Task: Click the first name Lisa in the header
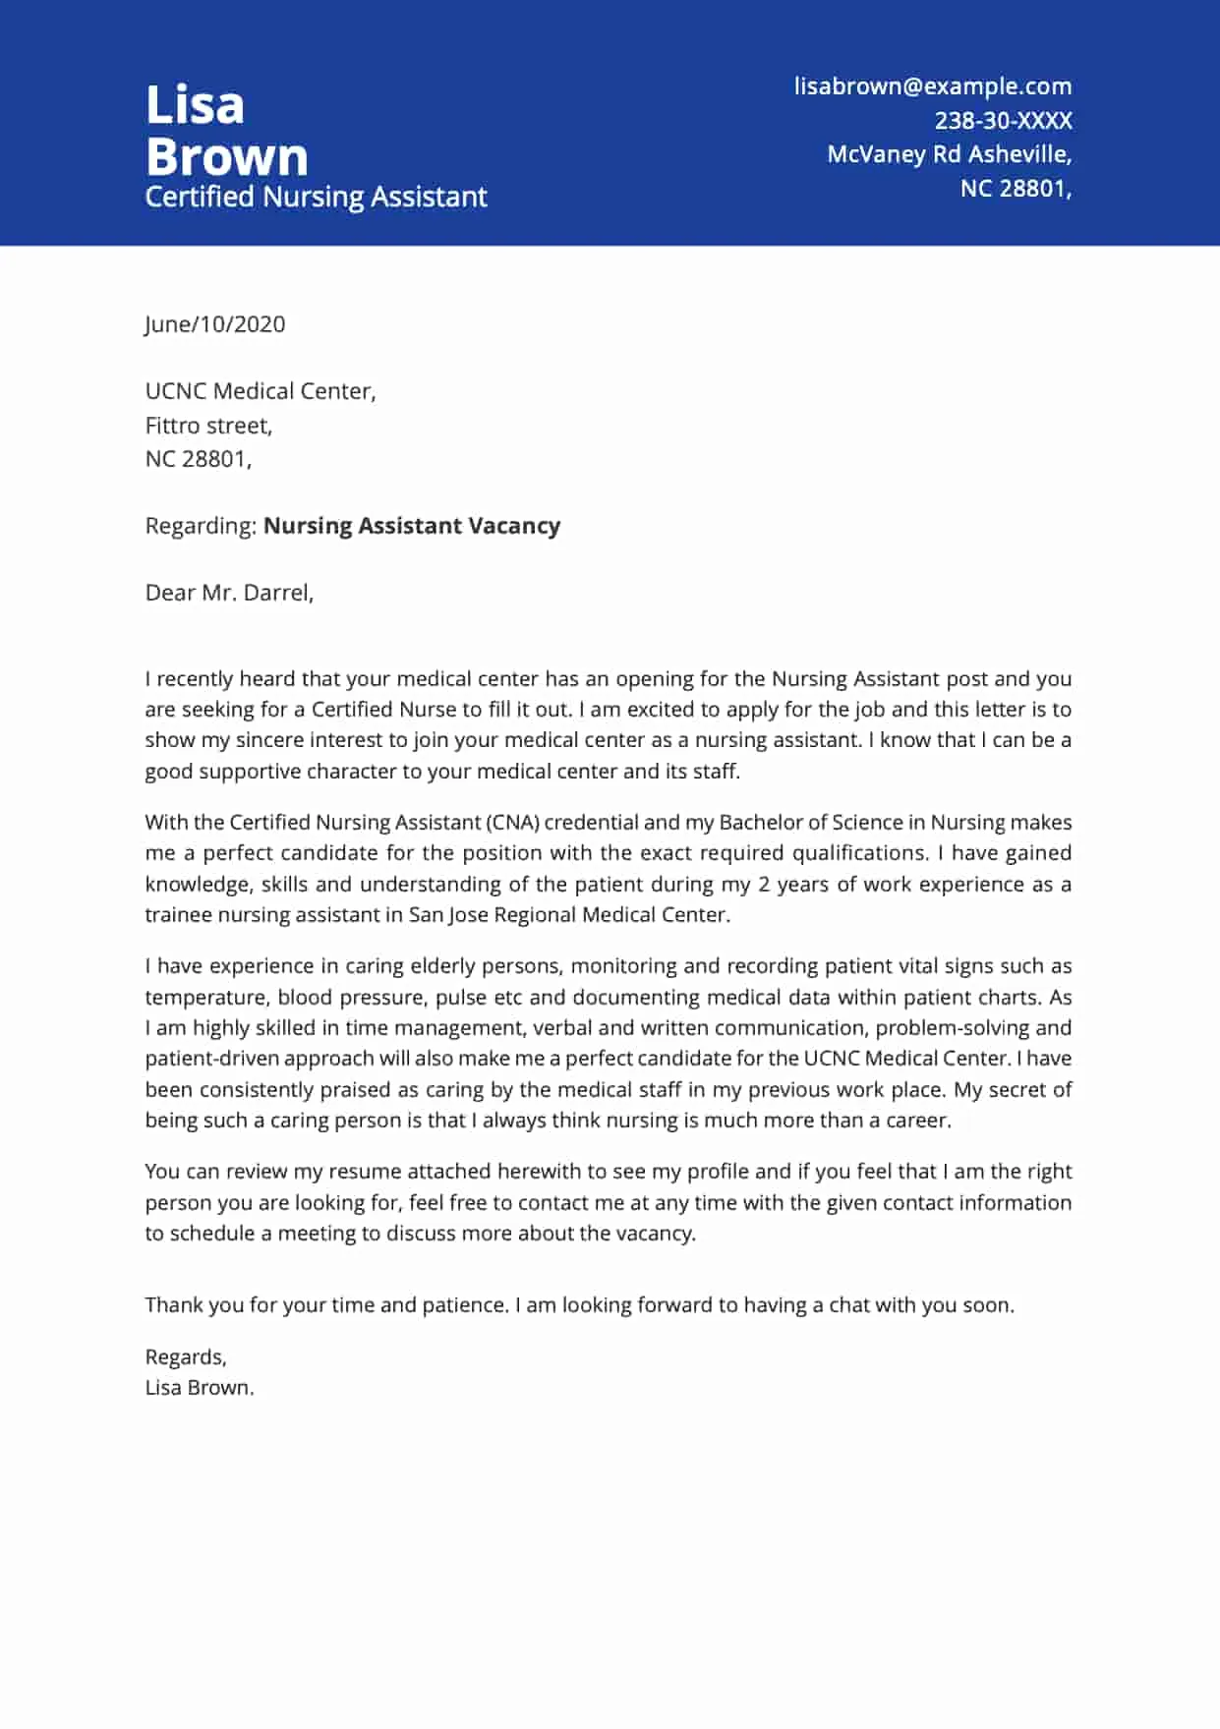click(195, 105)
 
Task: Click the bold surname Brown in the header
click(227, 157)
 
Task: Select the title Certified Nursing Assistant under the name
click(316, 197)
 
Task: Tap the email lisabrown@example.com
click(932, 86)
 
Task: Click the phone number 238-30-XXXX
click(1002, 121)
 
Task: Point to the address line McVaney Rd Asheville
click(948, 154)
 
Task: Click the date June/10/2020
click(214, 324)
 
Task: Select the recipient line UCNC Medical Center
click(260, 391)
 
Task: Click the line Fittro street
click(208, 426)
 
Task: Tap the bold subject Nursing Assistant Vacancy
click(411, 526)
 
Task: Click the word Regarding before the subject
click(201, 526)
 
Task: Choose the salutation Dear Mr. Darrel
click(229, 593)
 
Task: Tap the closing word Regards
click(185, 1357)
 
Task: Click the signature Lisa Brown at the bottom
click(199, 1388)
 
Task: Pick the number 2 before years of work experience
click(764, 885)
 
